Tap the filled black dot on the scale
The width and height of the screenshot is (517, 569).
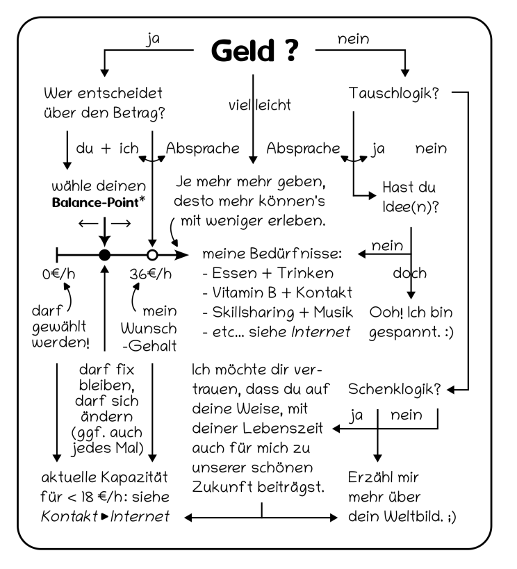[x=104, y=254]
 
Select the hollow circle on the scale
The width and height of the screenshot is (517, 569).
[x=151, y=254]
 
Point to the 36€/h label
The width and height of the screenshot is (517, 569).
[x=150, y=273]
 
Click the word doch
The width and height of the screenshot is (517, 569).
[x=410, y=273]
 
